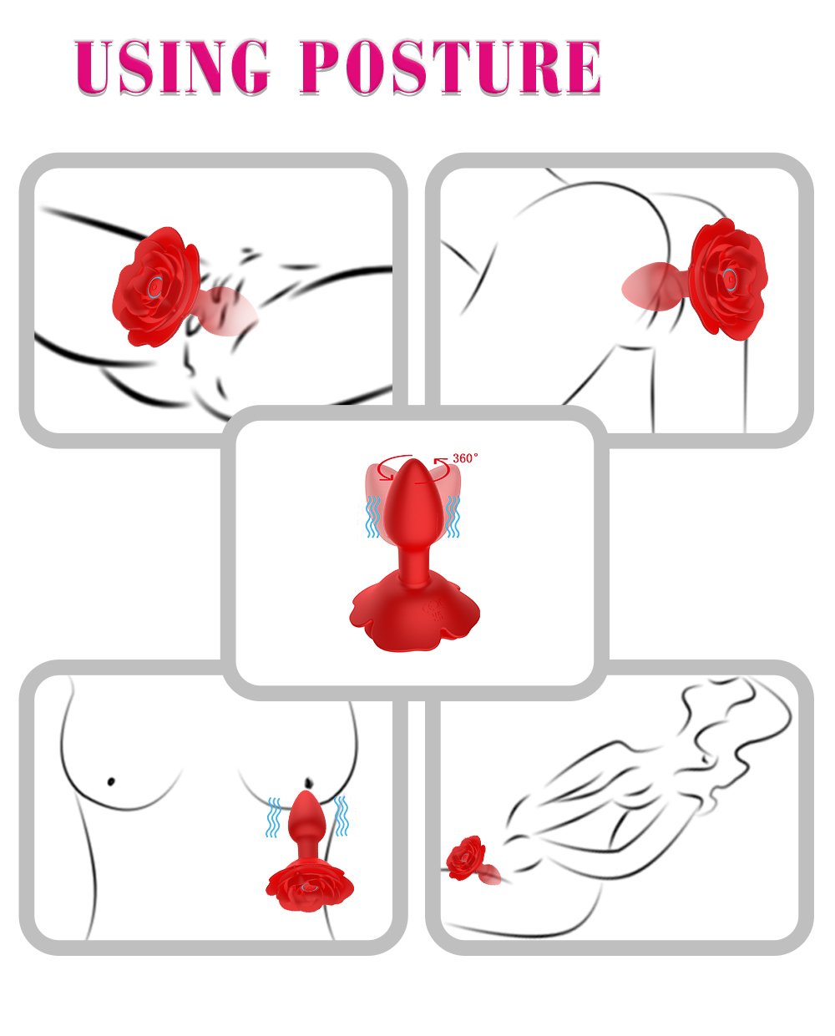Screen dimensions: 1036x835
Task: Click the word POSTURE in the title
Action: coord(451,66)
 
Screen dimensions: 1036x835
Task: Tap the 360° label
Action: coord(466,458)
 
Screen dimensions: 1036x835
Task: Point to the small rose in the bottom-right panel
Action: coord(465,858)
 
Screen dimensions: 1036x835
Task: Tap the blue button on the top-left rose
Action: coord(156,287)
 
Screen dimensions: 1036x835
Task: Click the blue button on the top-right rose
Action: coord(730,279)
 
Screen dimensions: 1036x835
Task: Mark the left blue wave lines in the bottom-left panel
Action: coord(273,816)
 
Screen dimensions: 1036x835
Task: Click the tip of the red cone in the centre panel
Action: coord(412,462)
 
